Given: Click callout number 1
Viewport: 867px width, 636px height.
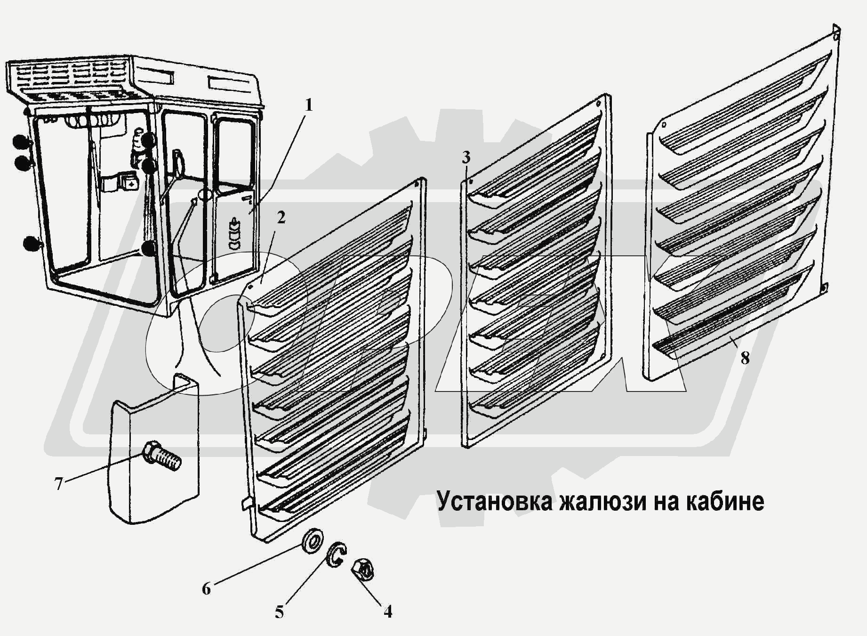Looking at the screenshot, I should coord(308,105).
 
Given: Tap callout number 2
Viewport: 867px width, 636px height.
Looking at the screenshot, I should coord(281,218).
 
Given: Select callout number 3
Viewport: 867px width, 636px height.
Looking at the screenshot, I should coord(466,157).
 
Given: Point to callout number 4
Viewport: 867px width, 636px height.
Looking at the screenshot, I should coord(387,612).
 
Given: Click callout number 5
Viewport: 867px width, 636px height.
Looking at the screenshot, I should coord(280,612).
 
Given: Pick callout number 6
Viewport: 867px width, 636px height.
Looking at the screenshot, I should coord(206,588).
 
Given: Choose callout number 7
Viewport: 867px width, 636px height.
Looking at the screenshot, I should coord(58,483).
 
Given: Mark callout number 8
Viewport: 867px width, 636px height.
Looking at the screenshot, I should coord(745,358).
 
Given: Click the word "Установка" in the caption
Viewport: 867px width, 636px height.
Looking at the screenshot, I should coord(494,501).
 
